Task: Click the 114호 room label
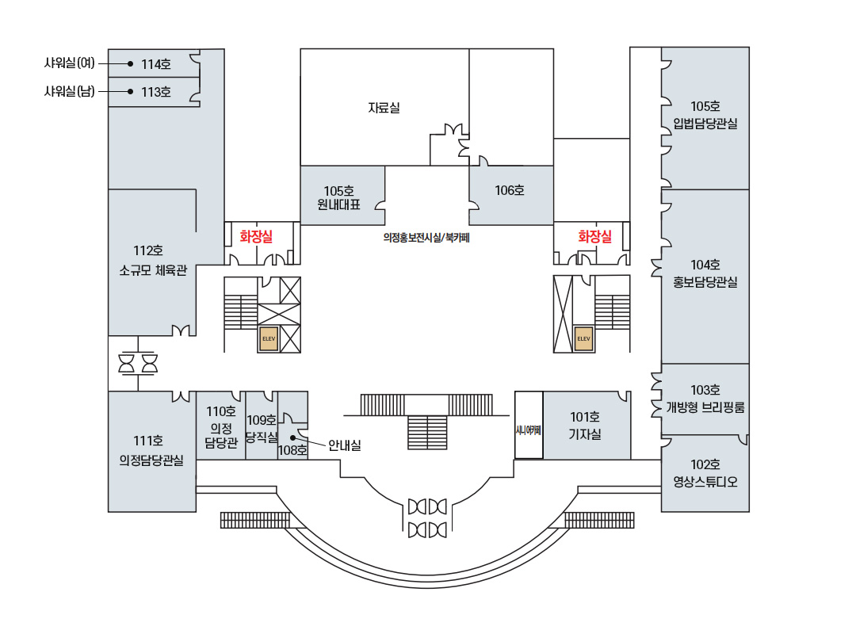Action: click(156, 63)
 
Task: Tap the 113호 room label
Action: click(156, 92)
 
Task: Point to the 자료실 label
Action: click(384, 107)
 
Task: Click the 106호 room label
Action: click(510, 190)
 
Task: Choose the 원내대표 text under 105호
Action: click(339, 204)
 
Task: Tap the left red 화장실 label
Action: click(256, 235)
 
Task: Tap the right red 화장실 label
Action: click(594, 236)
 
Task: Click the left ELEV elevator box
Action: click(268, 338)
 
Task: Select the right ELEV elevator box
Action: click(584, 338)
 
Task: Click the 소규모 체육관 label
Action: click(153, 270)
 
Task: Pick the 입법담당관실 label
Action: click(705, 123)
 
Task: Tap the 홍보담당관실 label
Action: click(705, 281)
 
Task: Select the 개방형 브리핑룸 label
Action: click(705, 407)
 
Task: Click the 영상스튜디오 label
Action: click(705, 481)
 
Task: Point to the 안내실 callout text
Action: click(344, 445)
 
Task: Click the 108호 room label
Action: click(292, 450)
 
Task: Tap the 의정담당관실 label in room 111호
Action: click(151, 460)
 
